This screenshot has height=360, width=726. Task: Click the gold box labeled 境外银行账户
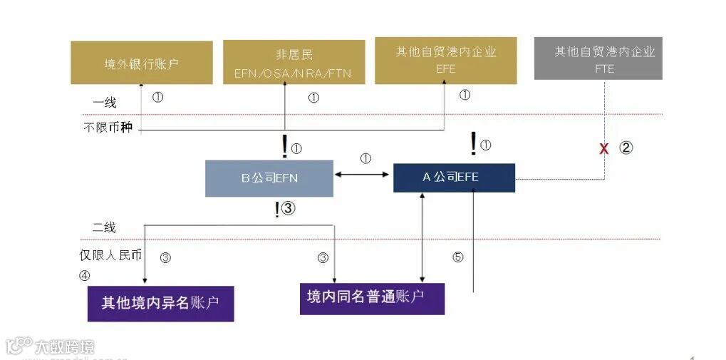(x=142, y=63)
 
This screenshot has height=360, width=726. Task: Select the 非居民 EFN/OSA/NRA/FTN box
(x=294, y=63)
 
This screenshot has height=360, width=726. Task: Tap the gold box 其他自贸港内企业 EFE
(x=445, y=61)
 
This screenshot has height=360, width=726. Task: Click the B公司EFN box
(x=269, y=178)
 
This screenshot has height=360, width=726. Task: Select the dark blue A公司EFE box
(x=454, y=178)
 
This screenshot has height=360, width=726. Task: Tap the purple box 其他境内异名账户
(x=160, y=302)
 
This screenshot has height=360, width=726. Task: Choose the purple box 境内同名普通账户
(x=372, y=298)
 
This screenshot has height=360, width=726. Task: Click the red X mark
(x=604, y=149)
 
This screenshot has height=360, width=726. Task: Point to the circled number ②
(x=625, y=148)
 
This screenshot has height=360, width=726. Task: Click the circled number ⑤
(x=458, y=257)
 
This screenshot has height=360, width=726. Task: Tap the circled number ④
(x=85, y=275)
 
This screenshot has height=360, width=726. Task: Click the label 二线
(x=104, y=228)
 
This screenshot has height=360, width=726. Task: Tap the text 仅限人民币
(x=110, y=254)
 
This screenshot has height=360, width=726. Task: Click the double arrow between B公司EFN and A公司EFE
(x=363, y=173)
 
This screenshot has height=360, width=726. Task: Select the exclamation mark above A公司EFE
(x=473, y=144)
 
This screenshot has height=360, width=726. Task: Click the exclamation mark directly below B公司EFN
(x=277, y=209)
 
